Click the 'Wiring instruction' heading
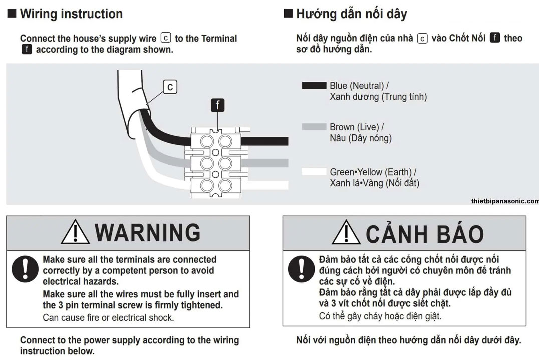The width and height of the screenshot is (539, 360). pyautogui.click(x=71, y=14)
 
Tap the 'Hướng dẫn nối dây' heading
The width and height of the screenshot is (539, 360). pyautogui.click(x=351, y=14)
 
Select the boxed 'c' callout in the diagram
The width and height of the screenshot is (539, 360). pyautogui.click(x=170, y=87)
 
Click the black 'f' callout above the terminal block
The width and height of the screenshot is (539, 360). pyautogui.click(x=217, y=105)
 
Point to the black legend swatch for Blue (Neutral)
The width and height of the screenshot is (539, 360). pyautogui.click(x=314, y=86)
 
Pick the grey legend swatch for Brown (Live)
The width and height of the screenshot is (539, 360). pyautogui.click(x=314, y=127)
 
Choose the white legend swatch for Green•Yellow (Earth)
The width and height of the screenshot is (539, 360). pyautogui.click(x=314, y=172)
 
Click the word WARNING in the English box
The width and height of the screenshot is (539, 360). pyautogui.click(x=147, y=233)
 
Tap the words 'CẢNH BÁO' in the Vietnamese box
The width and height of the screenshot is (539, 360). pyautogui.click(x=424, y=234)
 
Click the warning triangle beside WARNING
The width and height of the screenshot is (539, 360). pyautogui.click(x=75, y=233)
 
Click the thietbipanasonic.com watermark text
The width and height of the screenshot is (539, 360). pyautogui.click(x=504, y=201)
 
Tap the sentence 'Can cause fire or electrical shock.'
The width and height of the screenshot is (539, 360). pyautogui.click(x=108, y=317)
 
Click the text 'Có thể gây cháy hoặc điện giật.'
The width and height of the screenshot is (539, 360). pyautogui.click(x=380, y=316)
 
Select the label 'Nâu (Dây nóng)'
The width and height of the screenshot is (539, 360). pyautogui.click(x=361, y=138)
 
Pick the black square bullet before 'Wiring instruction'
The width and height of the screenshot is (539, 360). pyautogui.click(x=12, y=13)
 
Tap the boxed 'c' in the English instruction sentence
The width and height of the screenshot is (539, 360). pyautogui.click(x=166, y=38)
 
